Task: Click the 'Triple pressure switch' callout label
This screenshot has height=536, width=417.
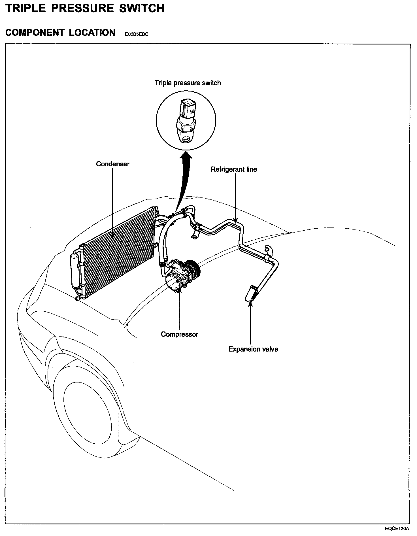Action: [x=188, y=83]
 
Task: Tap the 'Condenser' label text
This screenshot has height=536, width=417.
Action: [x=112, y=164]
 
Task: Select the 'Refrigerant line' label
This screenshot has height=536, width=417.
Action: [x=234, y=169]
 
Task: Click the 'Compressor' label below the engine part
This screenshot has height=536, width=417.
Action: [x=179, y=334]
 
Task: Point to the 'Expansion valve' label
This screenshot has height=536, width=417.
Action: [x=253, y=349]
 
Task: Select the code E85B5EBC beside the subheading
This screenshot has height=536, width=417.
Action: [x=137, y=35]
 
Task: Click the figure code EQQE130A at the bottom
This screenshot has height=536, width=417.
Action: [x=397, y=529]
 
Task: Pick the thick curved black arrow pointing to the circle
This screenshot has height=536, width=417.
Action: [x=183, y=178]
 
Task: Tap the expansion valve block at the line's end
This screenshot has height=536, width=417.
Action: [x=250, y=293]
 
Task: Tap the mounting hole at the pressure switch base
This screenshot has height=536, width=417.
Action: [x=186, y=139]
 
